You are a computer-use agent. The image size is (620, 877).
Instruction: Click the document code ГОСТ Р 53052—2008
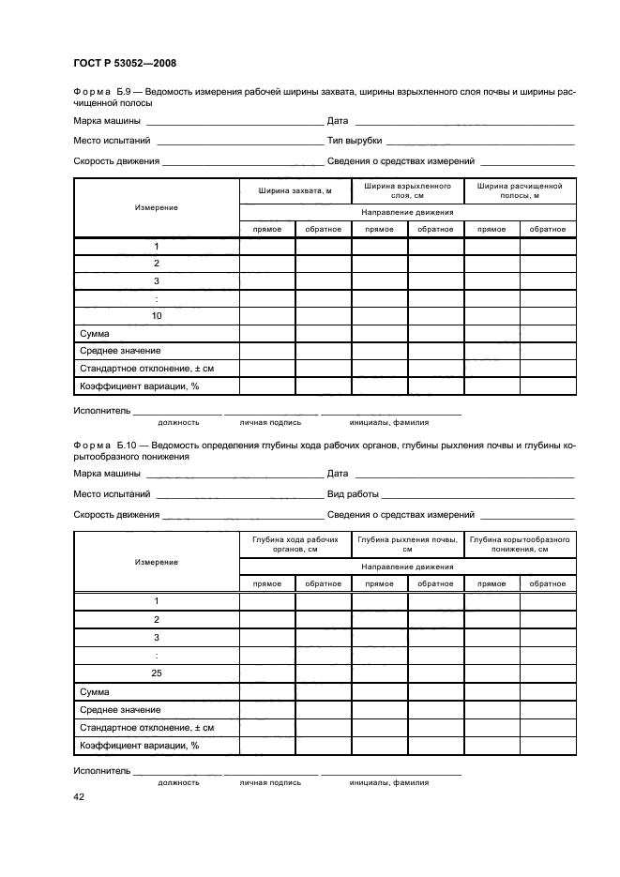pyautogui.click(x=125, y=64)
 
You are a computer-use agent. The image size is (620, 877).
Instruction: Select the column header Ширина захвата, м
pyautogui.click(x=295, y=190)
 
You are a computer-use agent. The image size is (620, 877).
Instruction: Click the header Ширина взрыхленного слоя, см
pyautogui.click(x=407, y=190)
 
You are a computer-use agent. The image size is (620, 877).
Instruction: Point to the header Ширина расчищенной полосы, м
pyautogui.click(x=520, y=190)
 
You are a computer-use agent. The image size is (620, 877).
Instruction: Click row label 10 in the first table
pyautogui.click(x=157, y=316)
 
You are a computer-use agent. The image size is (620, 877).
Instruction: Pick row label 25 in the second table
pyautogui.click(x=157, y=673)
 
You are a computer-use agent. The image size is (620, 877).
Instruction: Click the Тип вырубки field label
pyautogui.click(x=355, y=141)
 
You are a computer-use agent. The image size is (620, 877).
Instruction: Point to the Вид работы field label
pyautogui.click(x=353, y=494)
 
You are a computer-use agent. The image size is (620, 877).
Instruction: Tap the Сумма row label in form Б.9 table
pyautogui.click(x=95, y=334)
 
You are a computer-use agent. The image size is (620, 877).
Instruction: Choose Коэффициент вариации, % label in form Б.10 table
pyautogui.click(x=140, y=746)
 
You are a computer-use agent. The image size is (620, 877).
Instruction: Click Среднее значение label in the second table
pyautogui.click(x=120, y=710)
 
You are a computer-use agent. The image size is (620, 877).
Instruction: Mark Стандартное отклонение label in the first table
pyautogui.click(x=147, y=369)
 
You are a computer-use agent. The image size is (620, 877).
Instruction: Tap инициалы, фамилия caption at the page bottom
pyautogui.click(x=388, y=781)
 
